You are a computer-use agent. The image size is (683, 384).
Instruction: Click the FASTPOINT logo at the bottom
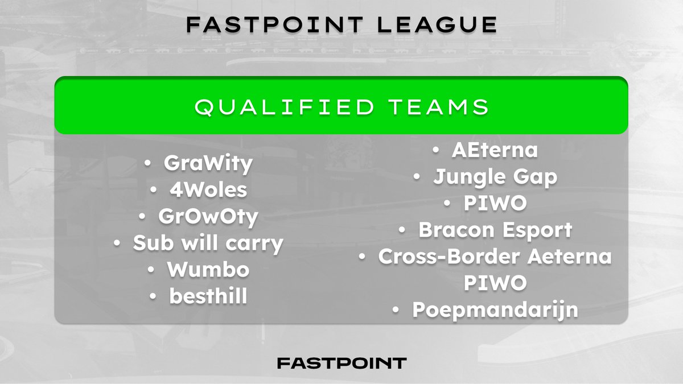[x=341, y=363]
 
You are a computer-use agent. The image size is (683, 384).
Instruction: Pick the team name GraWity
[x=208, y=164]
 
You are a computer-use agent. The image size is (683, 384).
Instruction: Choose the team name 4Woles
[x=208, y=190]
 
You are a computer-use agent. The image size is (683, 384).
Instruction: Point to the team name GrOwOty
[x=208, y=217]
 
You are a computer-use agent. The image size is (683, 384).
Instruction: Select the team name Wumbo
[x=208, y=270]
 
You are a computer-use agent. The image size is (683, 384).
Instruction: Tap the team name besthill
[x=208, y=296]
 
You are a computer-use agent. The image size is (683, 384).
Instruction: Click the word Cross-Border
[x=449, y=257]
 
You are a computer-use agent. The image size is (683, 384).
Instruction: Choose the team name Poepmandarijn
[x=495, y=310]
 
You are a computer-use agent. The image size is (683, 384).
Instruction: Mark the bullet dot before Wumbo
[x=153, y=270]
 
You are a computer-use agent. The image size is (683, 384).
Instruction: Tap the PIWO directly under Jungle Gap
[x=495, y=204]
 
